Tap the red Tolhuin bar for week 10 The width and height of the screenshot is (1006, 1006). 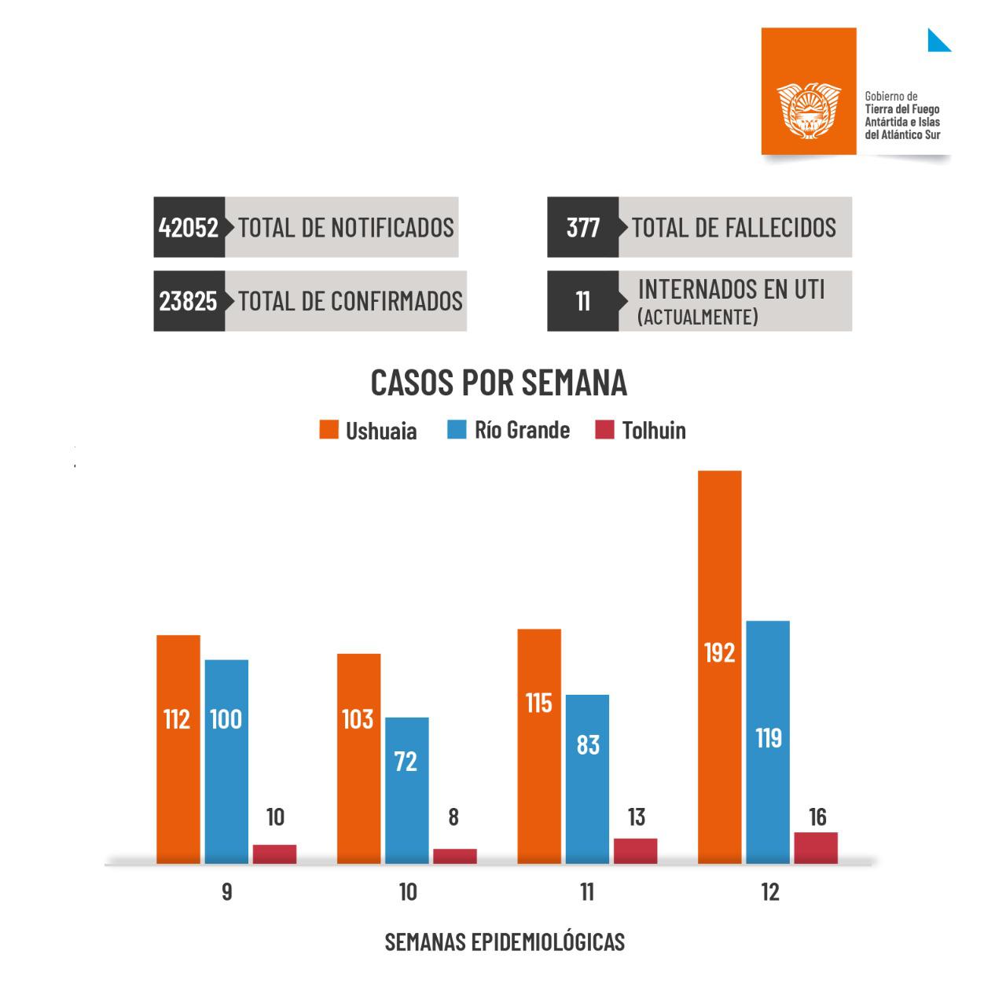(x=454, y=856)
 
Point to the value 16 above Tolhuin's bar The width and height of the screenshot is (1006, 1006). (x=817, y=817)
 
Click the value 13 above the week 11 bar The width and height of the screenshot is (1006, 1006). (x=637, y=817)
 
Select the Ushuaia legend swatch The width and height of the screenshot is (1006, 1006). (x=329, y=430)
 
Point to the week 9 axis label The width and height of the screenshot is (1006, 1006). (x=226, y=893)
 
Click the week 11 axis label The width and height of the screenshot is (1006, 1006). (x=586, y=893)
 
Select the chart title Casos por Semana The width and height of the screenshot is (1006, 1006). (x=499, y=383)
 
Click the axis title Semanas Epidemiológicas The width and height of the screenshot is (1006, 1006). (x=505, y=942)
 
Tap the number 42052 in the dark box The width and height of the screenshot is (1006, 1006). (x=189, y=227)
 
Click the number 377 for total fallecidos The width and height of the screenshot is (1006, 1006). (x=582, y=227)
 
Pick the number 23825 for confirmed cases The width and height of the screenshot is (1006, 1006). (x=189, y=301)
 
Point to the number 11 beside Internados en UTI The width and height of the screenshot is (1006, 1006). (x=582, y=301)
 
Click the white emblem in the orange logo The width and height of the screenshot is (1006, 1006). (x=809, y=110)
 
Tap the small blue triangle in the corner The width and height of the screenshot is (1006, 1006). (x=937, y=42)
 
